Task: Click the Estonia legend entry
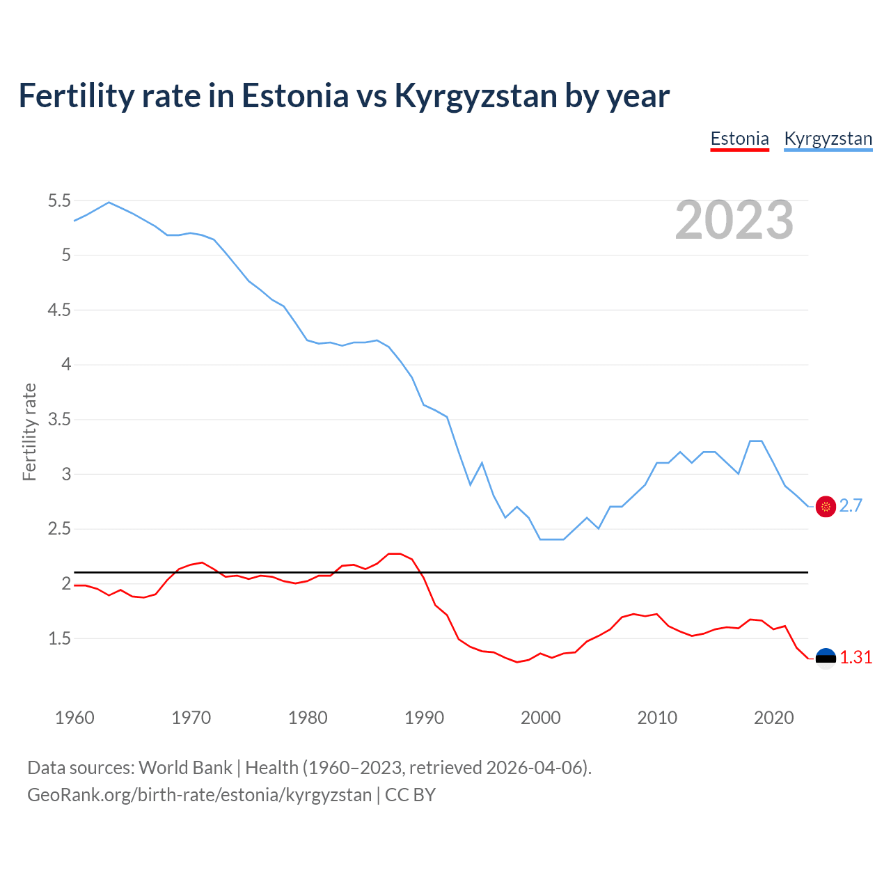(x=739, y=139)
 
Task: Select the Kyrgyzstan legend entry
(x=828, y=139)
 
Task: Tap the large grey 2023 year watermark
(x=734, y=220)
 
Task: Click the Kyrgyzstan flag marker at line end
(x=826, y=507)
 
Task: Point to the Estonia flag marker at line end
(x=826, y=658)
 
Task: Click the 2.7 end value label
(x=851, y=506)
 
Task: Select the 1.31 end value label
(x=855, y=658)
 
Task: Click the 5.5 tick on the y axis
(x=59, y=201)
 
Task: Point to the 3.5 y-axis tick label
(x=59, y=420)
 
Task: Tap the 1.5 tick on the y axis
(x=59, y=638)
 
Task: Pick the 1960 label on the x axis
(x=74, y=718)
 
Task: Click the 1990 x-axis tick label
(x=424, y=718)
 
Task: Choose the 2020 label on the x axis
(x=773, y=718)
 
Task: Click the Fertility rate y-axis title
(x=29, y=432)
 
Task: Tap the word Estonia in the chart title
(x=294, y=96)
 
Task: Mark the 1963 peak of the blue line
(x=109, y=203)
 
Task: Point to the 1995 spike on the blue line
(x=482, y=463)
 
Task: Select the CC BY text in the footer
(x=410, y=795)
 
